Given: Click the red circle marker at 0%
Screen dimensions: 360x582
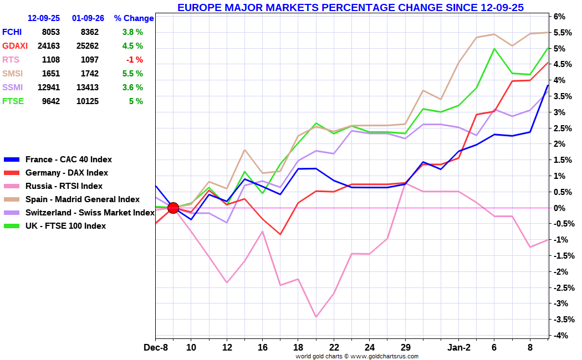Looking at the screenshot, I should (173, 208).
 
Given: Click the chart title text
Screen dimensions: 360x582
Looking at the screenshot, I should (350, 7).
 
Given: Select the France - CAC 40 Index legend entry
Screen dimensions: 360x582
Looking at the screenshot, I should (58, 160).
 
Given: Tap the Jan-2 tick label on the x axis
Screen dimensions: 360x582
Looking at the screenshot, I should (458, 348).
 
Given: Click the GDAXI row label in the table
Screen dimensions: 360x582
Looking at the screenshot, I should (15, 46).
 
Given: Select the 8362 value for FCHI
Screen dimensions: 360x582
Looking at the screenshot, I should (89, 32).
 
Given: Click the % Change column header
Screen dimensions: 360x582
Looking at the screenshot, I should (134, 18).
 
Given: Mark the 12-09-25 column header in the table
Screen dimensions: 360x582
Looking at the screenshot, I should (44, 18).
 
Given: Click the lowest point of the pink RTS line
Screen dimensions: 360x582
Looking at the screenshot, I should (316, 317).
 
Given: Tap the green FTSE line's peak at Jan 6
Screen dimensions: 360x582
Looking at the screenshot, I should (494, 49).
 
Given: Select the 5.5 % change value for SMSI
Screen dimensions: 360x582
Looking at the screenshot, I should (132, 74).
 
